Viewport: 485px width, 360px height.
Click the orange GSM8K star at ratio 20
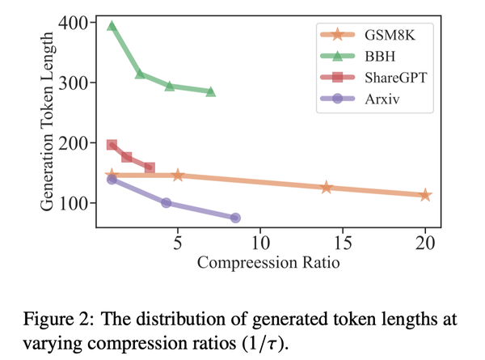pyautogui.click(x=426, y=195)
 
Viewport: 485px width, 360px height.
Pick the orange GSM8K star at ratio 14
pyautogui.click(x=327, y=188)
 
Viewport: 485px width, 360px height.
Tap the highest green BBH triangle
pyautogui.click(x=112, y=26)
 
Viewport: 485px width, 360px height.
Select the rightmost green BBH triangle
pyautogui.click(x=211, y=91)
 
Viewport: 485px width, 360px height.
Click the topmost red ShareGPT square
pyautogui.click(x=112, y=145)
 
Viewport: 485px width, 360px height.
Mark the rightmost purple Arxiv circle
pyautogui.click(x=235, y=218)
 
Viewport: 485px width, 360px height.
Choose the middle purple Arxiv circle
pyautogui.click(x=167, y=202)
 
